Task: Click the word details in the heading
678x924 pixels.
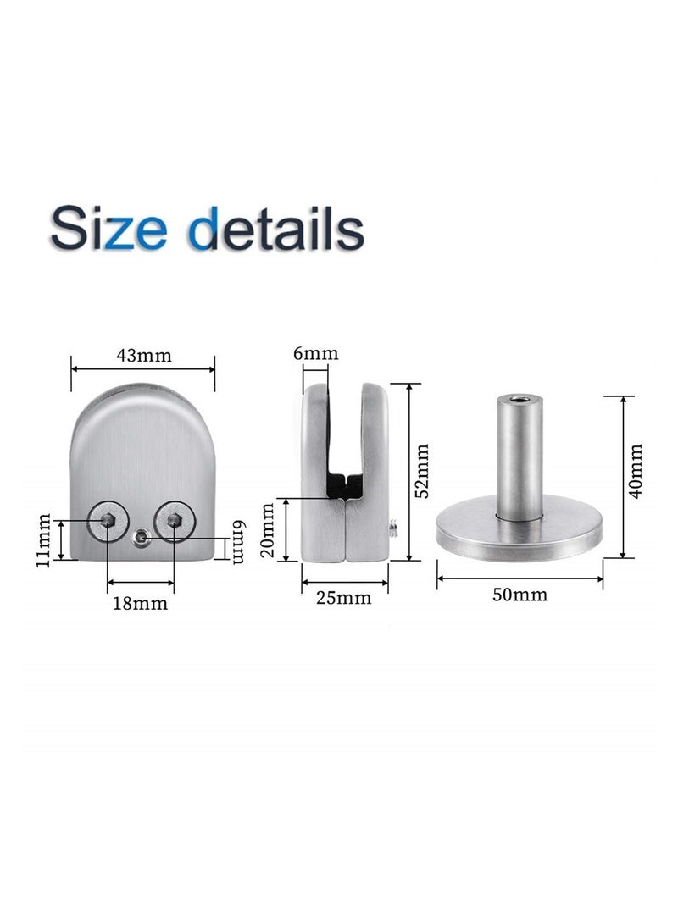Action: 270,226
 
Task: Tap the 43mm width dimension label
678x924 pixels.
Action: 144,355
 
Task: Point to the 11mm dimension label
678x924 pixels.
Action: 44,540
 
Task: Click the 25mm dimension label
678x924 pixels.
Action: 345,598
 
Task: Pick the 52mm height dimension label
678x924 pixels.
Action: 423,470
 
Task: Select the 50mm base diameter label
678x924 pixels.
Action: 520,595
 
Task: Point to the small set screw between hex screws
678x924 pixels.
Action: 142,535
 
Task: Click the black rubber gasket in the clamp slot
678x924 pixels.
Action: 346,485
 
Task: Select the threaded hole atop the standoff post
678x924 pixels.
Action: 518,397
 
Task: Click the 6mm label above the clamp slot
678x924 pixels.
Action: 315,353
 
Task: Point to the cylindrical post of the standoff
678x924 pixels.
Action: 518,457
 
